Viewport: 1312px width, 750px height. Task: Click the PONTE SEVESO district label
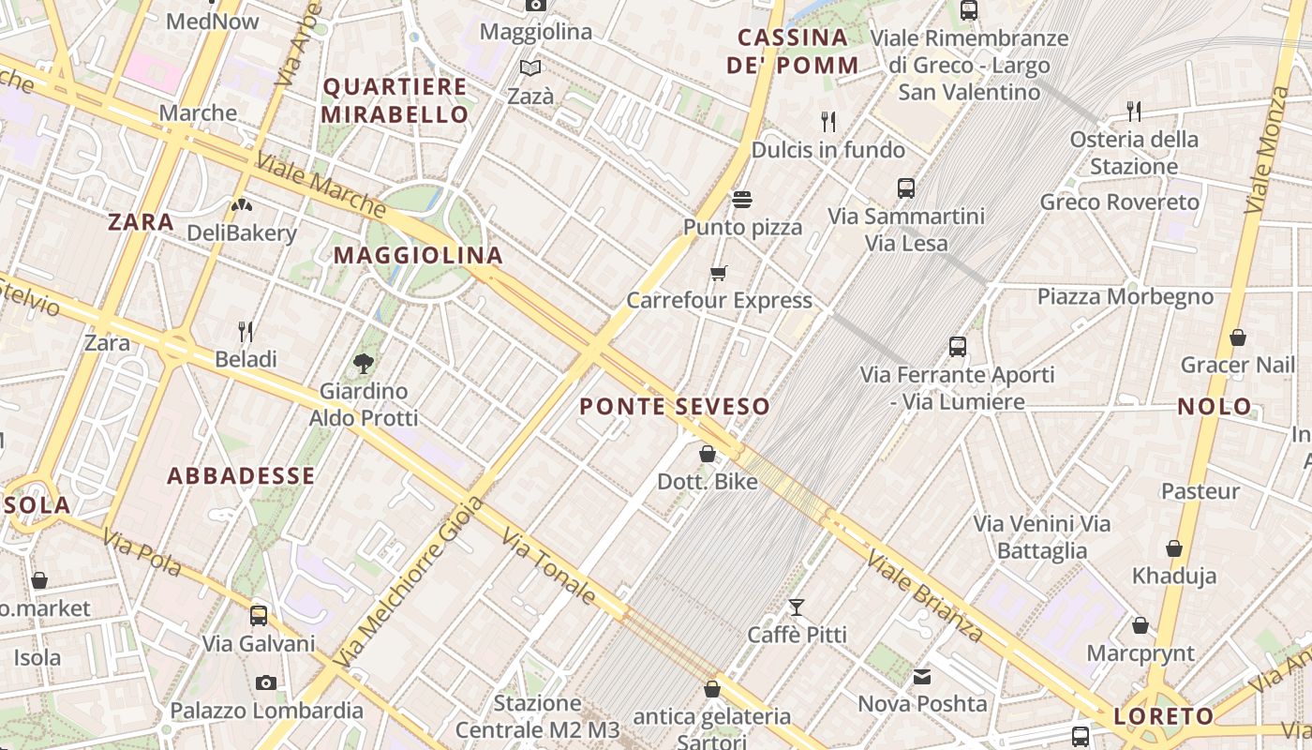[x=675, y=406]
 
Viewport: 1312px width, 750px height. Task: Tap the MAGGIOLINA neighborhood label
[x=418, y=255]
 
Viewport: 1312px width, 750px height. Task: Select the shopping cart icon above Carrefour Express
[x=719, y=274]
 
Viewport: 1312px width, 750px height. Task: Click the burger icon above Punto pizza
[x=742, y=200]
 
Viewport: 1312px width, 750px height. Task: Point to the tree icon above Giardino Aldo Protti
[x=364, y=363]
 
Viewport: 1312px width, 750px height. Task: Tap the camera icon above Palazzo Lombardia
[x=266, y=682]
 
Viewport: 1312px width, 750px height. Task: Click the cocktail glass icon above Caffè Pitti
[x=797, y=607]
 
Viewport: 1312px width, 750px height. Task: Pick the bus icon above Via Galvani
[x=259, y=616]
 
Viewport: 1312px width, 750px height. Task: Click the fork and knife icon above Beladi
[x=246, y=331]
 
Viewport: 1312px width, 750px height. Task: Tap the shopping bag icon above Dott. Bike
[x=708, y=455]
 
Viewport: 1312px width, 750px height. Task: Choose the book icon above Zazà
[x=530, y=68]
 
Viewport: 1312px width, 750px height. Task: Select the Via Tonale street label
[x=548, y=565]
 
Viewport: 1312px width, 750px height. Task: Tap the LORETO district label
[x=1163, y=717]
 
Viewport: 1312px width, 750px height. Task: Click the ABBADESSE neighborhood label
[x=241, y=475]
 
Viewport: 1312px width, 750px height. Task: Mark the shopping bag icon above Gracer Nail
[x=1237, y=337]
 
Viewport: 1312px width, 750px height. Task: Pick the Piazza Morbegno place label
[x=1125, y=297]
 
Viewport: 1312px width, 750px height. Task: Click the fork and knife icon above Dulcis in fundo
[x=828, y=122]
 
